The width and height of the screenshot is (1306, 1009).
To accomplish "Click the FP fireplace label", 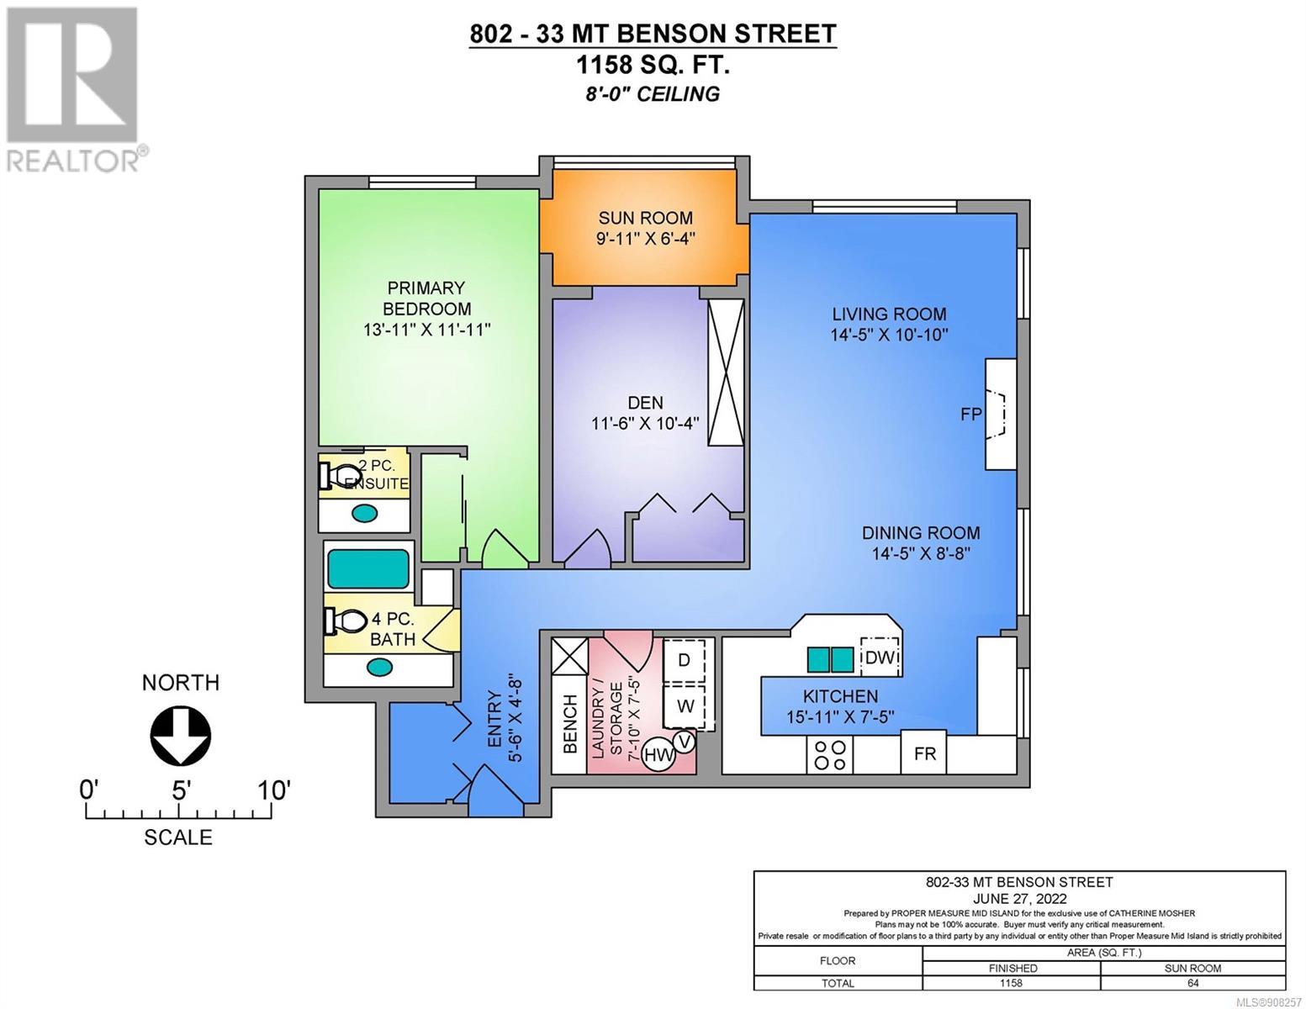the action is [x=970, y=414].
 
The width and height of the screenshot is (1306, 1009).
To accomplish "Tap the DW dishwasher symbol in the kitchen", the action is [x=881, y=658].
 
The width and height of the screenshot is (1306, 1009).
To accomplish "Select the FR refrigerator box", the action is [x=924, y=753].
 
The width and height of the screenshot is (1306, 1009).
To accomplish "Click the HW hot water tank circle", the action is [x=658, y=755].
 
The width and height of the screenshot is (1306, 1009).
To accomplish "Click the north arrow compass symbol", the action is [x=180, y=736].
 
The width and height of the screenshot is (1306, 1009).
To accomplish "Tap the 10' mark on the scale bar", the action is [x=272, y=790].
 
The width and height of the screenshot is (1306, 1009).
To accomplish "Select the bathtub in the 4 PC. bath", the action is [x=367, y=568].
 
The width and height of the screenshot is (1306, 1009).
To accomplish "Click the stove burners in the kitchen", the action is [x=829, y=755].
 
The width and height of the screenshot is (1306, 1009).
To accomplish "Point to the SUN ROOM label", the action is [x=646, y=218].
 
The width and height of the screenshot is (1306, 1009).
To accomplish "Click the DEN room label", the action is [x=646, y=402].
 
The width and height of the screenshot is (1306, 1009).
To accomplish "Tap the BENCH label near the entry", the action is [x=569, y=723].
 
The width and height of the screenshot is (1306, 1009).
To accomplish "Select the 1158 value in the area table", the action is [x=1010, y=984].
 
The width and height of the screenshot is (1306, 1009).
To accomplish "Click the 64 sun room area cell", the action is [x=1192, y=984].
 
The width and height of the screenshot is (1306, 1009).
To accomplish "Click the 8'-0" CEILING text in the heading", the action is [x=653, y=94].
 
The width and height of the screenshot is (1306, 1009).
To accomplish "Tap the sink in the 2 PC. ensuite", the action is [x=364, y=513].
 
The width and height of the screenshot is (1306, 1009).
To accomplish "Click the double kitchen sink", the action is [x=830, y=659].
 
